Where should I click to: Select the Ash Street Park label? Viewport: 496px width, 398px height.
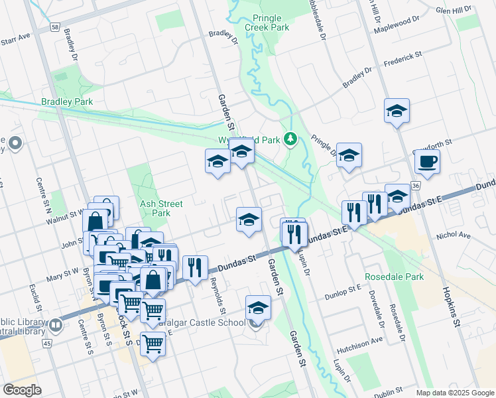[156, 208]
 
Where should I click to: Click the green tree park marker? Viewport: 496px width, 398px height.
[290, 139]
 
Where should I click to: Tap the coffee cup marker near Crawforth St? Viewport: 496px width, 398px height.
[427, 161]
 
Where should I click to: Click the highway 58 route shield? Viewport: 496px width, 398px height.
[54, 27]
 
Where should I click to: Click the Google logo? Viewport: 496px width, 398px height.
[22, 389]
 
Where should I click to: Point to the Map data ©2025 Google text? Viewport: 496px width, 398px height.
[455, 393]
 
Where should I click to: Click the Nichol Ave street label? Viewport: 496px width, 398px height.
[453, 235]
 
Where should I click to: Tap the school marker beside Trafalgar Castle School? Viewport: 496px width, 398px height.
[258, 308]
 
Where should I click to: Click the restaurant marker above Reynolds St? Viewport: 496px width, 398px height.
[195, 268]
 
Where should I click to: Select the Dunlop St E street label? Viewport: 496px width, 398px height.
[343, 288]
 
